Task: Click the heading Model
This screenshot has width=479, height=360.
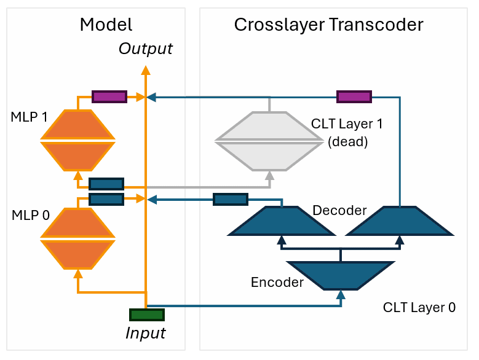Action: tap(106, 25)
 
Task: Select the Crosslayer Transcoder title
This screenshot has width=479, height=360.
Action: tap(328, 25)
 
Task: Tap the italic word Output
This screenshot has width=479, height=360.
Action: tap(146, 49)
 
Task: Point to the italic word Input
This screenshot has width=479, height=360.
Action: tap(146, 333)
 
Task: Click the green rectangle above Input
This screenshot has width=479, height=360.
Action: tap(147, 315)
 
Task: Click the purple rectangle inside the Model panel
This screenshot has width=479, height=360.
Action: tap(109, 96)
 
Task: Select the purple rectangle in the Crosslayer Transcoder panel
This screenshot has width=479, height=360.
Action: tap(354, 96)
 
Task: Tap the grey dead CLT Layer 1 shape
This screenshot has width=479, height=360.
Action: tap(269, 141)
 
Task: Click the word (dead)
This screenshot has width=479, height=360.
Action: tap(347, 142)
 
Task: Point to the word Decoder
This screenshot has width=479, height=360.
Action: tap(339, 211)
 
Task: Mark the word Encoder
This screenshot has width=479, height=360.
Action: tap(277, 283)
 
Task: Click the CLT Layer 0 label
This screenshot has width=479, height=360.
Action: tap(419, 307)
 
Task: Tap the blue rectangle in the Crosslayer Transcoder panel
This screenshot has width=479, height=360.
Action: tap(231, 199)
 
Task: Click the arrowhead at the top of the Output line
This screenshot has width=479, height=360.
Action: tap(146, 70)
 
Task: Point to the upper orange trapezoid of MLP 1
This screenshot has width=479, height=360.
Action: tap(77, 124)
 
